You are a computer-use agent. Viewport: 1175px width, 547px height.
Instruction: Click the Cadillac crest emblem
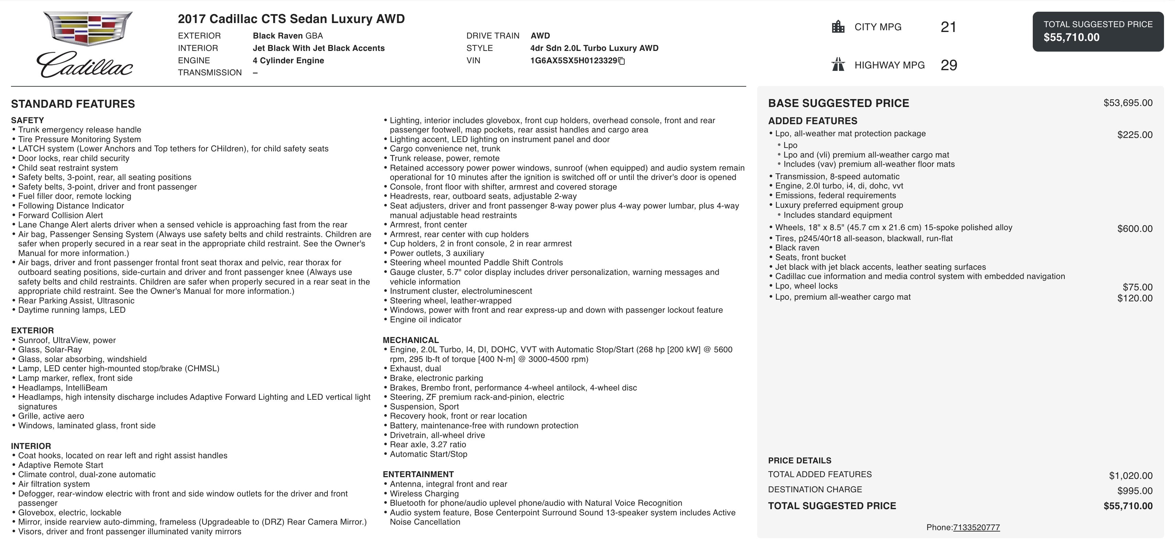point(88,28)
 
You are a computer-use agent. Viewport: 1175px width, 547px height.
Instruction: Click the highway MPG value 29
point(948,65)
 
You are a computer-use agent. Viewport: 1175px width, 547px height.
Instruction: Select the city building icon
point(838,27)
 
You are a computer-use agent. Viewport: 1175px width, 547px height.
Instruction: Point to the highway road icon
point(838,65)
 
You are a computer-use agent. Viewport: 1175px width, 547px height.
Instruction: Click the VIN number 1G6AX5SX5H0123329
point(573,61)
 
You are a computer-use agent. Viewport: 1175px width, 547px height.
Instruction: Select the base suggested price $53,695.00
point(1128,103)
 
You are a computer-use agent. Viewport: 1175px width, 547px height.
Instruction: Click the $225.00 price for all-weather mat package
point(1134,135)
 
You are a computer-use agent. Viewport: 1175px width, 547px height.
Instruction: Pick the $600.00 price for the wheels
point(1134,229)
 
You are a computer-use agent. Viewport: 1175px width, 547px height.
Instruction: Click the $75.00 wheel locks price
point(1137,287)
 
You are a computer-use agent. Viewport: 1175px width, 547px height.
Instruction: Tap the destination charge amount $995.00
point(1134,491)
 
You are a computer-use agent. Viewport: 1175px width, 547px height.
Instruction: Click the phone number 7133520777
point(976,527)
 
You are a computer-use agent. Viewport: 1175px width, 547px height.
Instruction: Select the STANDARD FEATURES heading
point(73,104)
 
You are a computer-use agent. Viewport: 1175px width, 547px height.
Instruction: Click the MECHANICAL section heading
point(411,340)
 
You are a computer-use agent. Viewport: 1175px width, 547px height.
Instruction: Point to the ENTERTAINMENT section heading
point(418,474)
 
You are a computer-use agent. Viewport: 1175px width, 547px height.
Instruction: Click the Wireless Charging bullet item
point(424,494)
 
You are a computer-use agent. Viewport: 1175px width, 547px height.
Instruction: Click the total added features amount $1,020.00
point(1130,476)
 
